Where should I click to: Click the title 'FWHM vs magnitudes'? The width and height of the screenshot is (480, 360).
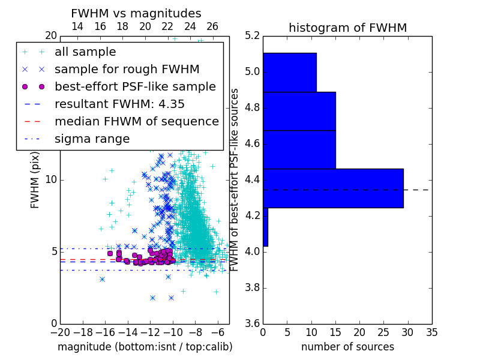click(x=136, y=13)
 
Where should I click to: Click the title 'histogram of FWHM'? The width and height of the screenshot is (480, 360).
click(x=348, y=28)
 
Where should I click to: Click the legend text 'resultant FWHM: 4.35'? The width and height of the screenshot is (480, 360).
click(x=119, y=104)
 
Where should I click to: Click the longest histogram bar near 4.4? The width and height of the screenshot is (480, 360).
click(x=334, y=188)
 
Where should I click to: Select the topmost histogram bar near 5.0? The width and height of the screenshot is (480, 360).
click(x=290, y=73)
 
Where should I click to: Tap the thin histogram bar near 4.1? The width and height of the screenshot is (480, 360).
click(x=265, y=227)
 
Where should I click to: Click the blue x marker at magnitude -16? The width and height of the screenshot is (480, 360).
click(x=102, y=279)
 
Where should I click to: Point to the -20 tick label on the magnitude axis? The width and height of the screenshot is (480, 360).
click(x=61, y=332)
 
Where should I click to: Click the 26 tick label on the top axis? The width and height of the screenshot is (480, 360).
click(x=212, y=26)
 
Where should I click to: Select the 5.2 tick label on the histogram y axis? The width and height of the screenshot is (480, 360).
click(x=252, y=36)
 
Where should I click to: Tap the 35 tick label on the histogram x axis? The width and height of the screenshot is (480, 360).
click(x=432, y=332)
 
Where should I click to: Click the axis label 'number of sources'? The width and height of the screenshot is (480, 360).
click(x=348, y=347)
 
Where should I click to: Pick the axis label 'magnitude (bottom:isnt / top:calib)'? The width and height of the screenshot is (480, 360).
click(x=145, y=347)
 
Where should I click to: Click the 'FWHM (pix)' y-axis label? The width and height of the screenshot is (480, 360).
click(x=35, y=180)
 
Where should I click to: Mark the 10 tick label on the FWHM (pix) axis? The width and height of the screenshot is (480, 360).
click(x=51, y=179)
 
